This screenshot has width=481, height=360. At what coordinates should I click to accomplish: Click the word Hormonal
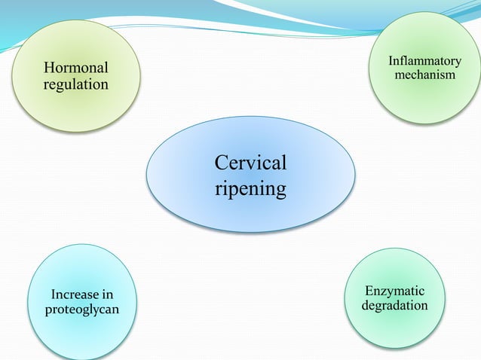75,68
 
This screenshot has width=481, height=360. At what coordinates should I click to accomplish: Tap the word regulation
75,84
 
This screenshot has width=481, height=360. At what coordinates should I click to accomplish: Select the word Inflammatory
424,60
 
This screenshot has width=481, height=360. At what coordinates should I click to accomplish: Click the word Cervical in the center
250,163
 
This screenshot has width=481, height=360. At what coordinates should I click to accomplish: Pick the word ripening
250,188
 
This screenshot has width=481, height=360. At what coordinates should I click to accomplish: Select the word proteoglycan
82,310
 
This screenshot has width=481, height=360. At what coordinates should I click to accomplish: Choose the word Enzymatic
394,291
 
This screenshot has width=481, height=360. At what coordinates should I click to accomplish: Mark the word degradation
394,307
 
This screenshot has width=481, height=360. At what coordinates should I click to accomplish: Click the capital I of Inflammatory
391,60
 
